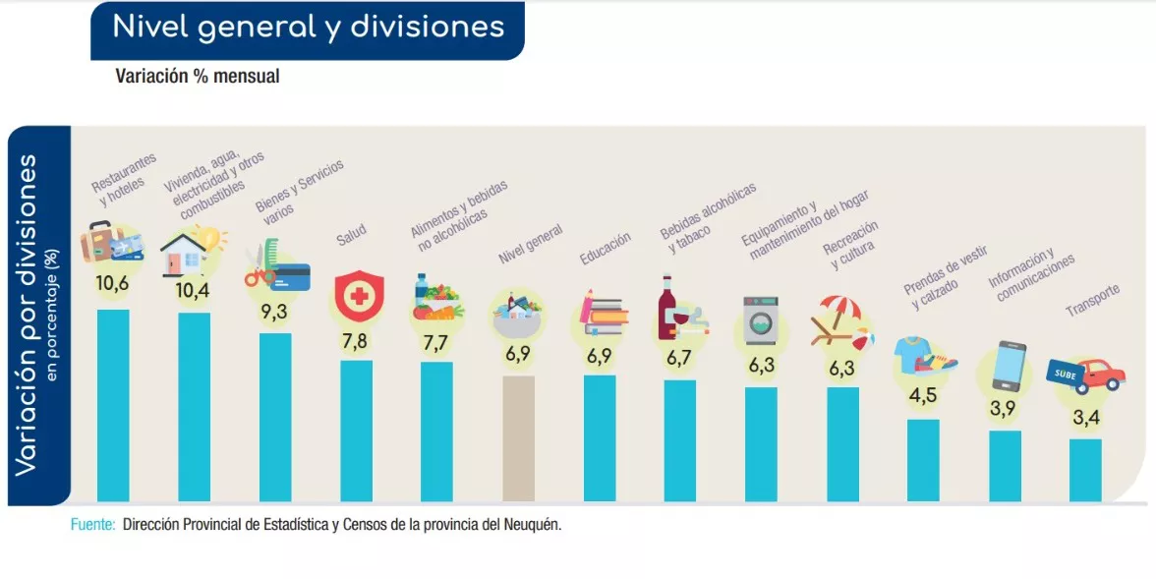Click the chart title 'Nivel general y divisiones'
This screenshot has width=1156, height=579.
click(308, 28)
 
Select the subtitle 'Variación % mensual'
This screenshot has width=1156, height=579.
click(198, 76)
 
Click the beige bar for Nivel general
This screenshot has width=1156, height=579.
click(518, 438)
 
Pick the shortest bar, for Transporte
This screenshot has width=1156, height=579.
click(1085, 469)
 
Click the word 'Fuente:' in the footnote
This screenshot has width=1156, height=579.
click(93, 525)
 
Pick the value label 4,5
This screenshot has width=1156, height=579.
click(922, 398)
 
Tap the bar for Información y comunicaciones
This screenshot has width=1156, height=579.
click(1005, 465)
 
